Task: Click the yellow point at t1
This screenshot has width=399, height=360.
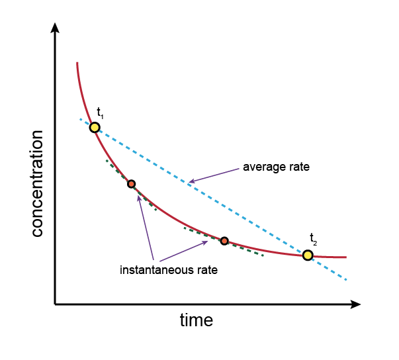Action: [95, 127]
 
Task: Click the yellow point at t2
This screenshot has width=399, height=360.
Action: [308, 255]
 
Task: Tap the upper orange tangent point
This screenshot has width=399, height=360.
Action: [131, 183]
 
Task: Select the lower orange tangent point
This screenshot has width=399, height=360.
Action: [224, 241]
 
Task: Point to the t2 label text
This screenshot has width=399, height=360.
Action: [313, 238]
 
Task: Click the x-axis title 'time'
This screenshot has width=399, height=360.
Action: [197, 321]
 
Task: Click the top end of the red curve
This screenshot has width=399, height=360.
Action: [77, 63]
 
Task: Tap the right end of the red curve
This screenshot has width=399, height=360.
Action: [346, 257]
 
